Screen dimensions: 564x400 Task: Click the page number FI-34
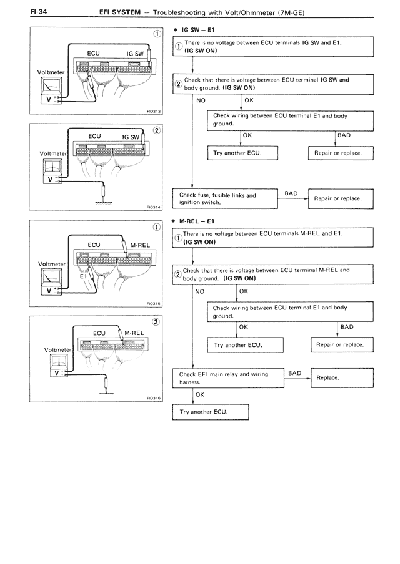click(x=22, y=12)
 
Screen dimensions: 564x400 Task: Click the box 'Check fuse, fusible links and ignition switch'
click(x=224, y=198)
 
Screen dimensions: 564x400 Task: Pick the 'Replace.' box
click(x=337, y=378)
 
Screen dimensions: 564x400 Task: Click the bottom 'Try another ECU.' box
click(x=211, y=412)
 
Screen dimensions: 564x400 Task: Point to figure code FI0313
click(x=154, y=112)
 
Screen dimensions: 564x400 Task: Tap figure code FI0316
click(x=154, y=398)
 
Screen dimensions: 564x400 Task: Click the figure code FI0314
click(x=154, y=209)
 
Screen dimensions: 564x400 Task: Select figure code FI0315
click(x=154, y=304)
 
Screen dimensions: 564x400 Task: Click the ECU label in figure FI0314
click(x=95, y=135)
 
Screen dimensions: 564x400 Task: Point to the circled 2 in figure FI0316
click(x=156, y=322)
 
